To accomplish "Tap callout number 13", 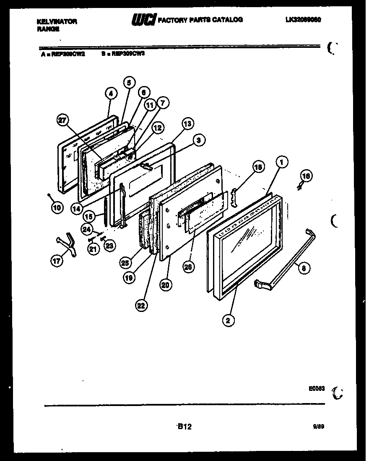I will point(187,123).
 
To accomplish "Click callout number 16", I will point(306,176).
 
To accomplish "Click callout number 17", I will point(56,261).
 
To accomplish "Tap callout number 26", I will point(189,266).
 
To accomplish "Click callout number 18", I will point(259,167).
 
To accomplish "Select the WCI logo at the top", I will point(144,19).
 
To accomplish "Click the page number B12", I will point(184,427).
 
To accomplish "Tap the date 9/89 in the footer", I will point(319,426).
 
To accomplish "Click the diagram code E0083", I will point(317,389).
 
